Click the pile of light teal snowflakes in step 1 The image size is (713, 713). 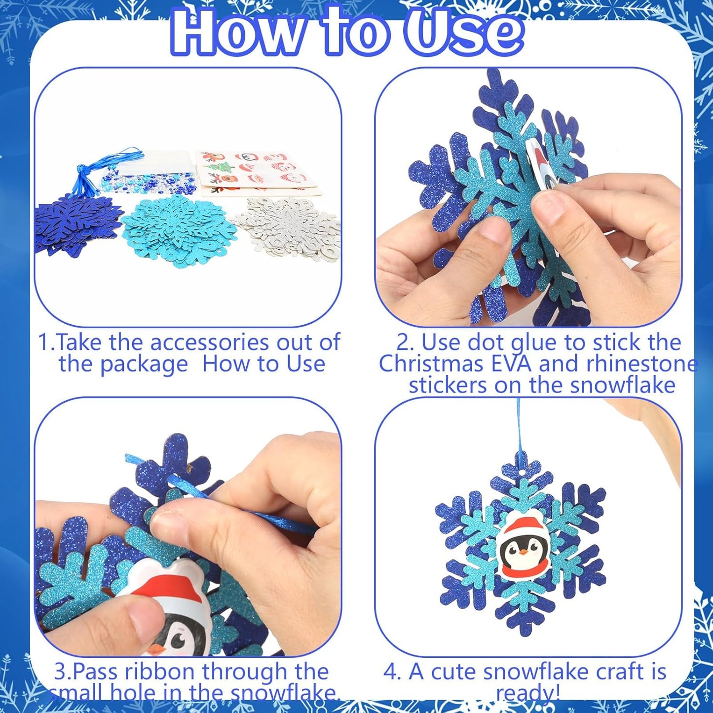click(173, 229)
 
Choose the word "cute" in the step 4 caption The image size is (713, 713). click(453, 672)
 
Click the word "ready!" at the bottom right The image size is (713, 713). click(527, 693)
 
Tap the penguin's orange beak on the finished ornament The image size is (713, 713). click(523, 553)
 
